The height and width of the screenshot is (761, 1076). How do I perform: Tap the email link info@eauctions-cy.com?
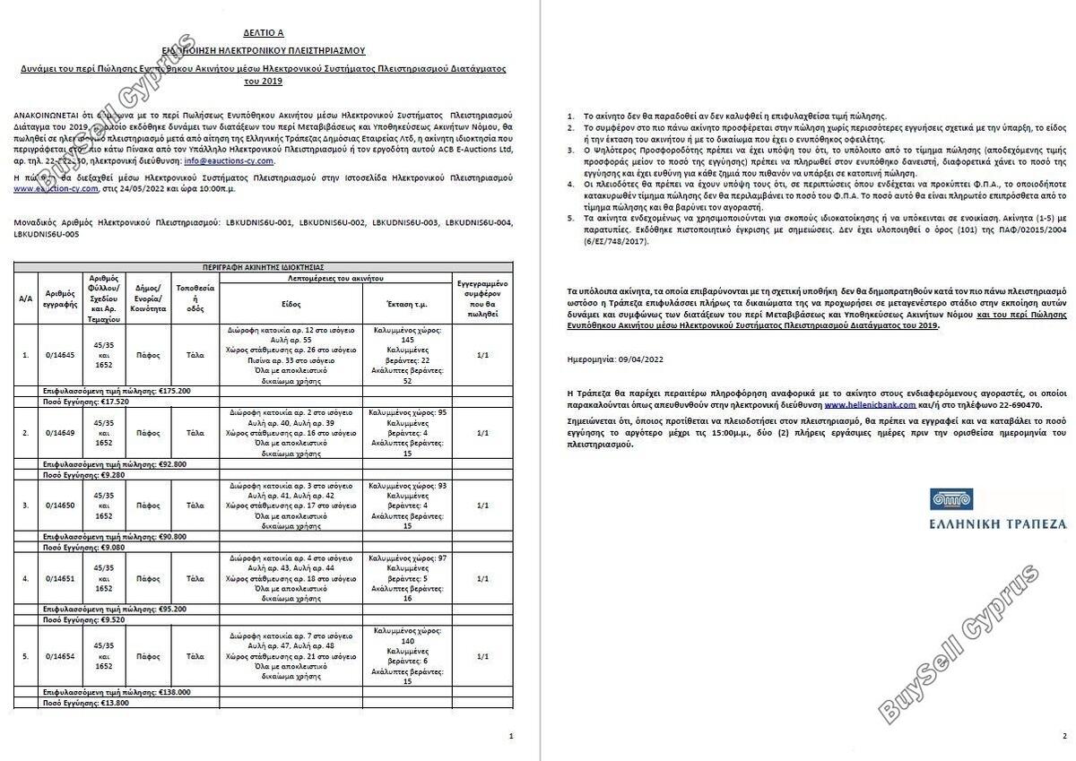pos(229,161)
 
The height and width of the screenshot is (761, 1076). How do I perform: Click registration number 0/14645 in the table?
pos(60,355)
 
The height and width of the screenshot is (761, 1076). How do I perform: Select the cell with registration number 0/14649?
pos(60,433)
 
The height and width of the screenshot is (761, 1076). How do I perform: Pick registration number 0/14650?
pos(60,506)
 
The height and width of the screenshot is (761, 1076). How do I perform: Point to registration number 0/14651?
pos(60,579)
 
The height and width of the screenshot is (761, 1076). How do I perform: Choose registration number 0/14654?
pos(60,656)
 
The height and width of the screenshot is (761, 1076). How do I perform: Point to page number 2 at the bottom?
pos(1064,736)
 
